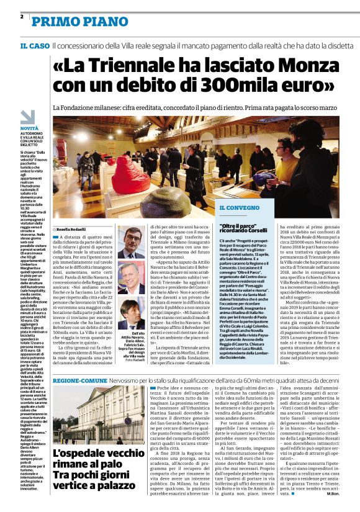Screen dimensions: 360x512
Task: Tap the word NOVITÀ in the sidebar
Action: [x=29, y=127]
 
